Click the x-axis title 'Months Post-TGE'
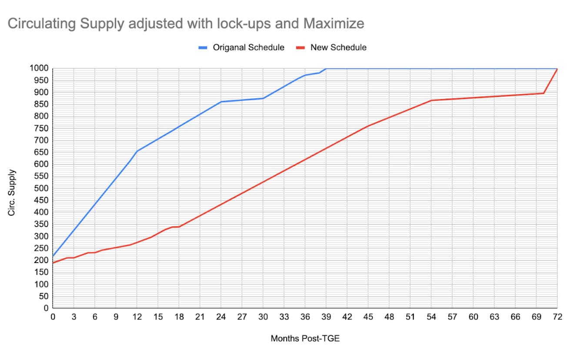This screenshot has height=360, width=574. coord(305,338)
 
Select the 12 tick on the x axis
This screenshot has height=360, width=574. coord(137,317)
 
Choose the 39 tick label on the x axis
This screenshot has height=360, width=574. coord(326,317)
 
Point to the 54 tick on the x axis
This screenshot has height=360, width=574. coord(431,317)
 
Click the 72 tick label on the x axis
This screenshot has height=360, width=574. coord(557,317)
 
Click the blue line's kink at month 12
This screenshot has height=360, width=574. coord(137,151)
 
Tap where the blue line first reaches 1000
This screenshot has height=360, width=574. coord(326,68)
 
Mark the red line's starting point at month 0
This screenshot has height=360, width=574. coord(53,263)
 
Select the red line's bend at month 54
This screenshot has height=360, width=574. coord(431,100)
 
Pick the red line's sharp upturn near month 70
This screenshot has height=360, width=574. coord(544,93)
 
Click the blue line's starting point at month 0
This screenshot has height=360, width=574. coord(53,256)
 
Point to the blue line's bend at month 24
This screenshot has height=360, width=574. coord(221,102)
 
